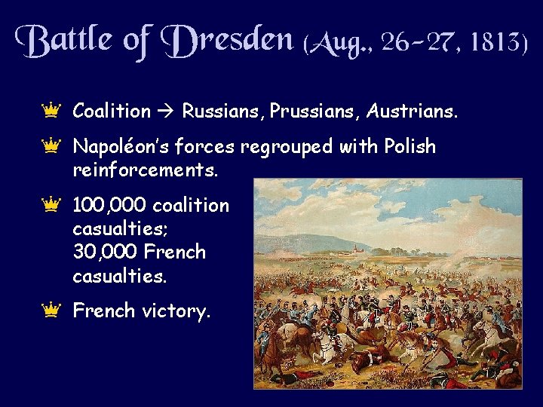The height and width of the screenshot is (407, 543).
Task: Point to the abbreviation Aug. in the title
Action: coord(339,43)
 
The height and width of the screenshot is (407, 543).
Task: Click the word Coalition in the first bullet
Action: coord(112,112)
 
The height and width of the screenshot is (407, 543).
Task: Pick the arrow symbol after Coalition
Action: coord(166,112)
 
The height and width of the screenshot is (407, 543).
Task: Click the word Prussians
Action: coord(309,112)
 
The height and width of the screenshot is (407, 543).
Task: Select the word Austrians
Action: coord(412,112)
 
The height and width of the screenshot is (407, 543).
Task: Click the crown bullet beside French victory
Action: coord(51,308)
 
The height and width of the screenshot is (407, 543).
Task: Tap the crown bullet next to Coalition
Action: coord(51,110)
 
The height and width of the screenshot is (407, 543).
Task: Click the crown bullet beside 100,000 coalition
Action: coord(51,203)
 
